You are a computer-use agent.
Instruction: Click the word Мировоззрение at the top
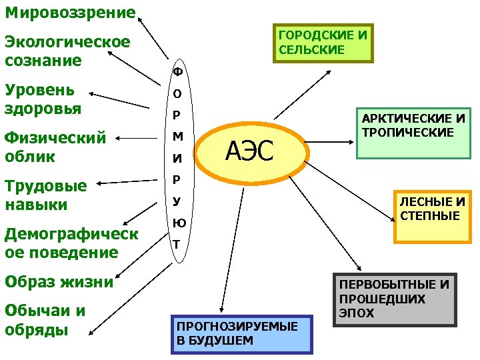(x=69, y=12)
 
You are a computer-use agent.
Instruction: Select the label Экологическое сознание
(x=67, y=51)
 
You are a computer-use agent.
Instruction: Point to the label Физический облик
(x=55, y=147)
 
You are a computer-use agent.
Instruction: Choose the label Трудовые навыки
(x=45, y=195)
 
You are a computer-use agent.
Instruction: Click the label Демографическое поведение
(x=71, y=243)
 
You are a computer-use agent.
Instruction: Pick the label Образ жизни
(x=59, y=281)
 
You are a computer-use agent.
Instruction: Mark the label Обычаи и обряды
(x=44, y=320)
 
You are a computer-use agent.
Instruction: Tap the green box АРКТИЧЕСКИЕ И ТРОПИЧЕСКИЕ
(x=413, y=133)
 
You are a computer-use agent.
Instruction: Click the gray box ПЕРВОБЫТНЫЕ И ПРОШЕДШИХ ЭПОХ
(x=394, y=299)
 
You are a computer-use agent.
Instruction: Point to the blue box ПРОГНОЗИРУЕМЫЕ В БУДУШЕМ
(x=241, y=333)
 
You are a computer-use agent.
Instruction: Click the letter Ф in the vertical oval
(x=177, y=70)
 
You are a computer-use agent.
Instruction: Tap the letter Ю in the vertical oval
(x=178, y=223)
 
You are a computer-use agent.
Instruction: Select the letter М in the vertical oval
(x=177, y=137)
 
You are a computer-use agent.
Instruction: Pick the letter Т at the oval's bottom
(x=177, y=244)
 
